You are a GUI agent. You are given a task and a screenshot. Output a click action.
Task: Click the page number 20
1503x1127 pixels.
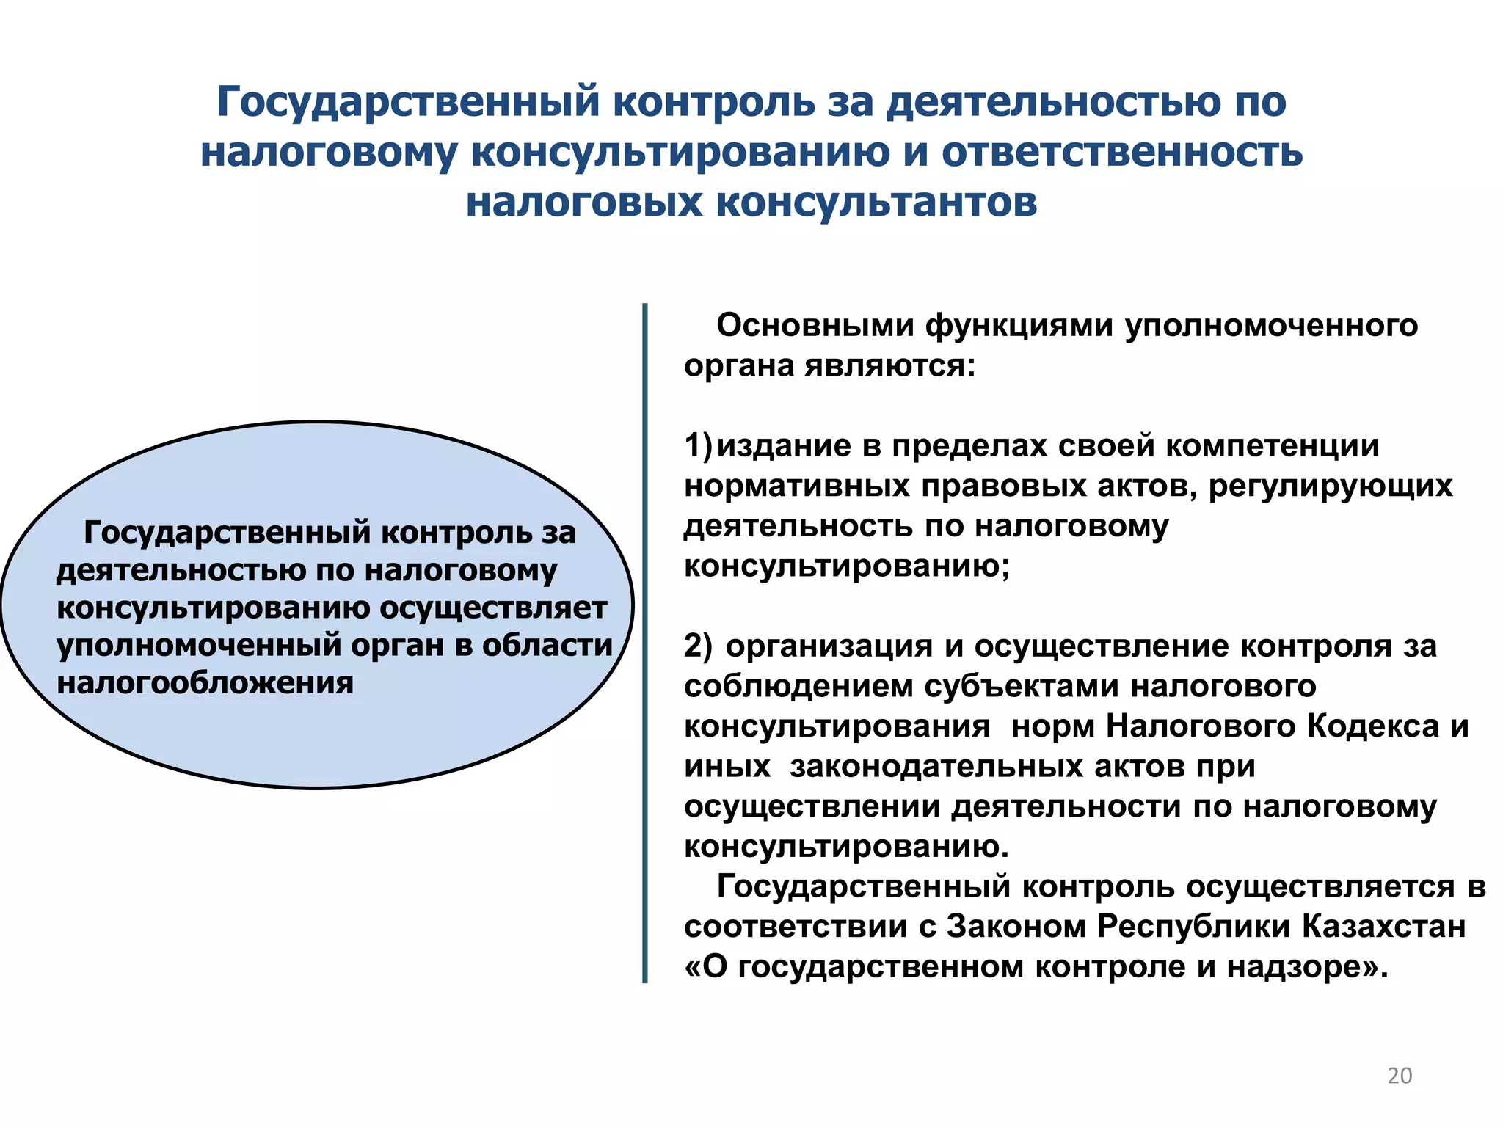[x=1400, y=1075]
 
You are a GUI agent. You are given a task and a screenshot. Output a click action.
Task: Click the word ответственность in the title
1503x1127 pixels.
[x=1122, y=153]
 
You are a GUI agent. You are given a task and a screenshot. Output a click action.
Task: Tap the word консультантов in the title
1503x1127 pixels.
[x=876, y=203]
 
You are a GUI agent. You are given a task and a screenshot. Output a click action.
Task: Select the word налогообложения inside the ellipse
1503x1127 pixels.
[x=205, y=683]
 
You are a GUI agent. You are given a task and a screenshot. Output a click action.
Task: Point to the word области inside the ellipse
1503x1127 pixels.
[x=547, y=645]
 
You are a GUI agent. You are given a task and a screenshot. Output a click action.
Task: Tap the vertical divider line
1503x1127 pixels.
[x=645, y=643]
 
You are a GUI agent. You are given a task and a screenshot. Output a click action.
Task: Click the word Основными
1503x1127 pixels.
[x=815, y=325]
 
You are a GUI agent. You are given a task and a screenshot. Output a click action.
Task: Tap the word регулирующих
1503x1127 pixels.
[x=1331, y=486]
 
